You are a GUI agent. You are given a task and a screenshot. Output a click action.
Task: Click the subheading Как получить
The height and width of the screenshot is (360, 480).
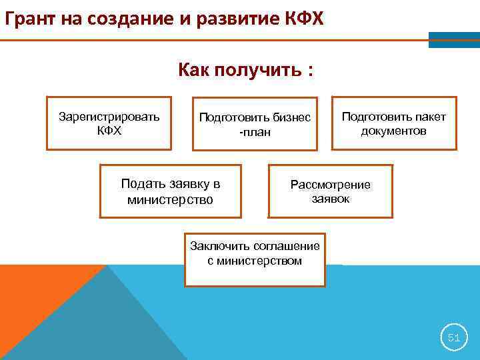pyautogui.click(x=245, y=70)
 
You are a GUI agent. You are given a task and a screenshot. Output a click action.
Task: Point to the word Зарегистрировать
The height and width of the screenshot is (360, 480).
pyautogui.click(x=109, y=117)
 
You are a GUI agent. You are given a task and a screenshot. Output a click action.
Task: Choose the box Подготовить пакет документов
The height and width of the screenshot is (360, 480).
pyautogui.click(x=394, y=123)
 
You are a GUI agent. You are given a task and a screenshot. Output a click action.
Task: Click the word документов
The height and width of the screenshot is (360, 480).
pyautogui.click(x=394, y=131)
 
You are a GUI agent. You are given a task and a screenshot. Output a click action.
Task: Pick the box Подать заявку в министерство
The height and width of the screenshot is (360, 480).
pyautogui.click(x=170, y=191)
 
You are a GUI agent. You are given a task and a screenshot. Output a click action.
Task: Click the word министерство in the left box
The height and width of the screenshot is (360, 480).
pyautogui.click(x=170, y=199)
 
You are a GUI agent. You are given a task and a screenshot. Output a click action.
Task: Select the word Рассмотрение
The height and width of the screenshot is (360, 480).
pyautogui.click(x=330, y=185)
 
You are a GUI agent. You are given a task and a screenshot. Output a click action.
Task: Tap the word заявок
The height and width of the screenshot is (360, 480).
pyautogui.click(x=330, y=198)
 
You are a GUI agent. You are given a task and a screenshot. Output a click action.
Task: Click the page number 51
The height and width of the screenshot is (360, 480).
pyautogui.click(x=453, y=338)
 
